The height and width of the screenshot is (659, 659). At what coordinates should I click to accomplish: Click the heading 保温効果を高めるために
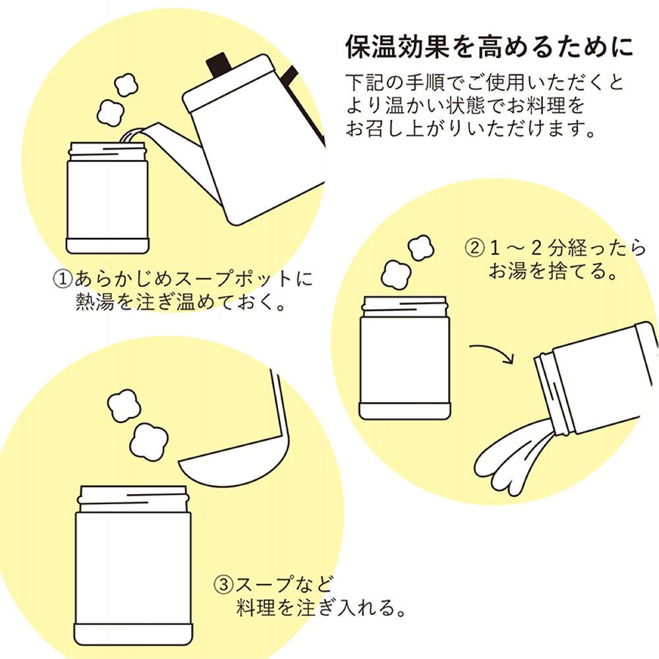click(490, 47)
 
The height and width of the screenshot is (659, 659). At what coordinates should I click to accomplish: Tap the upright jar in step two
click(405, 359)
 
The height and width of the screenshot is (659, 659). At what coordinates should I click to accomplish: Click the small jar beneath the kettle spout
click(107, 198)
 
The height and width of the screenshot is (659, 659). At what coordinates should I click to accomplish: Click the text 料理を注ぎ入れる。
click(320, 607)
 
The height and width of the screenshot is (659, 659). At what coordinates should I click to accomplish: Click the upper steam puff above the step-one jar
click(125, 85)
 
